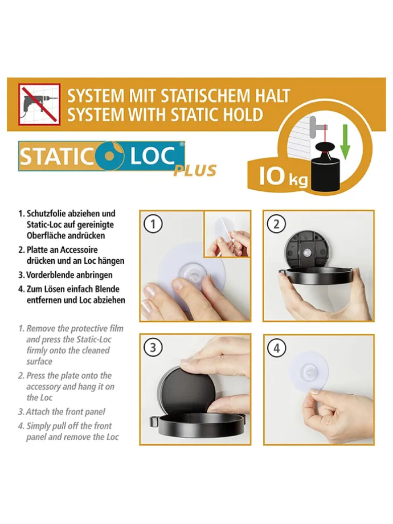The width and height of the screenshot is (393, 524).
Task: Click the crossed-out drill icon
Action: click(39, 105)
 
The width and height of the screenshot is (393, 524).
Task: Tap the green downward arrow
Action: click(345, 141)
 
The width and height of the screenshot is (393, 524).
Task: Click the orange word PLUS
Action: click(195, 170)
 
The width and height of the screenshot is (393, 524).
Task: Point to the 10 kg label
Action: click(283, 176)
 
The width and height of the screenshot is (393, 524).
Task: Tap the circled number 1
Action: click(153, 224)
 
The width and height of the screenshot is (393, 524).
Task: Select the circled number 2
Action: click(276, 224)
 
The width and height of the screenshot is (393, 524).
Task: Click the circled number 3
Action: click(153, 348)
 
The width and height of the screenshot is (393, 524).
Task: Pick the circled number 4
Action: click(277, 348)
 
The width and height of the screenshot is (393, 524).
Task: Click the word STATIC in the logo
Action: click(57, 156)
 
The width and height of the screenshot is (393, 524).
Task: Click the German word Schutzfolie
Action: click(47, 213)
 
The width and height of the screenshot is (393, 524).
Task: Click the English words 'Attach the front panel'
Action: click(65, 412)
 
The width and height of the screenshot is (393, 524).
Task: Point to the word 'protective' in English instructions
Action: click(89, 329)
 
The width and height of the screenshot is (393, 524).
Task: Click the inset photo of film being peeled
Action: click(227, 235)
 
